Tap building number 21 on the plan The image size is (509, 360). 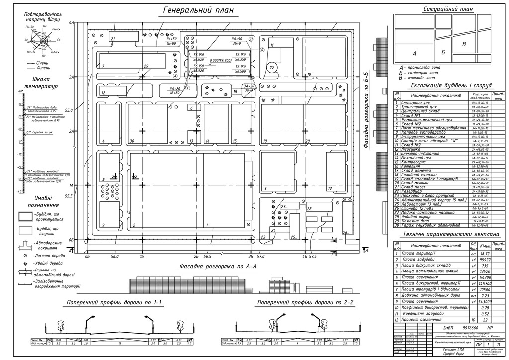(113, 39)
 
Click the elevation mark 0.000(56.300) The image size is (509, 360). (221, 61)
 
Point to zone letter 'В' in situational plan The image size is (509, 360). (464, 44)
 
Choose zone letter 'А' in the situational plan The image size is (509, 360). (414, 52)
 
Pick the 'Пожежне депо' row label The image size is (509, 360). (419, 221)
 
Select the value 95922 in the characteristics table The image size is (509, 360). (483, 260)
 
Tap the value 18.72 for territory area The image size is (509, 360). (483, 253)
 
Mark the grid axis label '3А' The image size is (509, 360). (71, 77)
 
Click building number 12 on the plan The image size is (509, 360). (104, 93)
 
